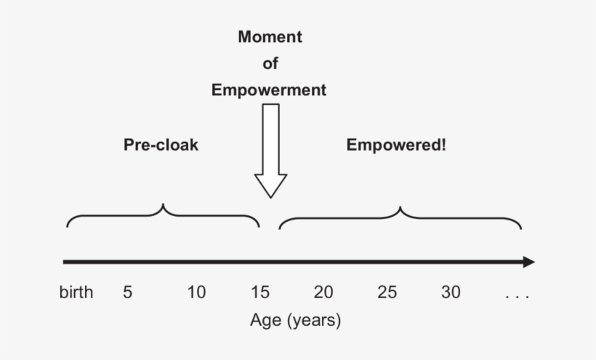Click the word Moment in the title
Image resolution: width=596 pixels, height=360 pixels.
pyautogui.click(x=270, y=37)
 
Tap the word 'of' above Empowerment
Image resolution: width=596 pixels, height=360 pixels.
pyautogui.click(x=270, y=64)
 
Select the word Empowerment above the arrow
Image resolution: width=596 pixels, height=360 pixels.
pyautogui.click(x=269, y=90)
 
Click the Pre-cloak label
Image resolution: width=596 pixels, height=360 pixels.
pyautogui.click(x=161, y=145)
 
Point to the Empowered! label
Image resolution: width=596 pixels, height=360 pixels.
pyautogui.click(x=396, y=145)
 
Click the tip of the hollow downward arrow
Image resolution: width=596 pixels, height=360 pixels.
pyautogui.click(x=270, y=196)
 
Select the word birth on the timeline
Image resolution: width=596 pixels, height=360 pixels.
pyautogui.click(x=76, y=293)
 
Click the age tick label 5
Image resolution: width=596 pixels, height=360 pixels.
pyautogui.click(x=128, y=293)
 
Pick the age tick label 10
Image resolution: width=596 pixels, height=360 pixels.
pyautogui.click(x=196, y=293)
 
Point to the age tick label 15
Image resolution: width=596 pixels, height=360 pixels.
pyautogui.click(x=259, y=293)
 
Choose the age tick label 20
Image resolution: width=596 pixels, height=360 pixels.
pyautogui.click(x=323, y=293)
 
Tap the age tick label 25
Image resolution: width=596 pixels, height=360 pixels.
pyautogui.click(x=387, y=293)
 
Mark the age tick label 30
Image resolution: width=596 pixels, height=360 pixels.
pyautogui.click(x=451, y=293)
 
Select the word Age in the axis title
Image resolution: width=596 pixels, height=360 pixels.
pyautogui.click(x=265, y=321)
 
